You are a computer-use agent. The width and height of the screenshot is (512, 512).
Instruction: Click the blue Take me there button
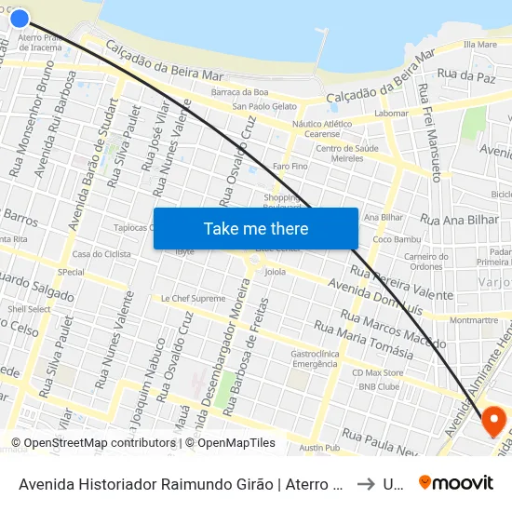click(x=255, y=228)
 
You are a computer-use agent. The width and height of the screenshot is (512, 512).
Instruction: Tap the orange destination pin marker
click(x=493, y=421)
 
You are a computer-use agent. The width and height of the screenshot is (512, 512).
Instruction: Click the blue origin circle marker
click(x=19, y=17)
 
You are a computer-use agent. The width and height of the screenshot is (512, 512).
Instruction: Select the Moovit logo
click(x=456, y=482)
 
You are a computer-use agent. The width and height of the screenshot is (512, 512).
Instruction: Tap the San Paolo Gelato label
click(x=264, y=106)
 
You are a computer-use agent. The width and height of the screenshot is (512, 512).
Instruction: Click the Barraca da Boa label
click(x=239, y=91)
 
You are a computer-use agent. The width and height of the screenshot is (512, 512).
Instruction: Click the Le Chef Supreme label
click(x=193, y=299)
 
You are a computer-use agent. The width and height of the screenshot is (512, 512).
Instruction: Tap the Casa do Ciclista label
click(x=101, y=254)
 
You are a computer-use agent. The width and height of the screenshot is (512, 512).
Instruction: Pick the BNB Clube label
click(x=379, y=386)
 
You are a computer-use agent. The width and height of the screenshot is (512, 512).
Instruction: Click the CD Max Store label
click(x=378, y=373)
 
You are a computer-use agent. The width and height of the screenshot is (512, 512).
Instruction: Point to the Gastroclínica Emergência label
click(x=314, y=358)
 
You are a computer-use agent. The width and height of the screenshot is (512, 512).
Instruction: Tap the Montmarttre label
click(x=474, y=319)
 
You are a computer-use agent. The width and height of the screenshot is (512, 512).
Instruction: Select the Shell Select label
click(x=29, y=309)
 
